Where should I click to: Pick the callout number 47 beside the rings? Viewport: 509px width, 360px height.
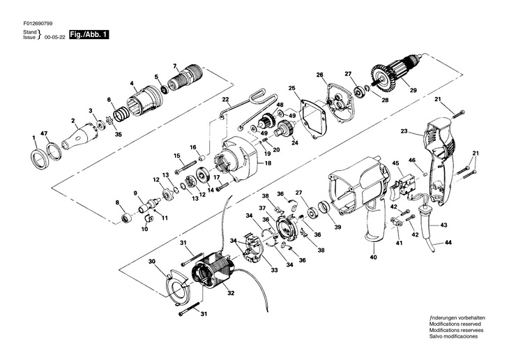tap(44, 133)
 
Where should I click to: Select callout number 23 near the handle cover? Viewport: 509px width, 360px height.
tap(404, 131)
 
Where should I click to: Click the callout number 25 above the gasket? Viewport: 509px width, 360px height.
tap(292, 89)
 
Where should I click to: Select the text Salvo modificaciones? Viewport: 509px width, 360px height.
tap(454, 336)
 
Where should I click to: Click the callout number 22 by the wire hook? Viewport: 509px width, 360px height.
tap(225, 100)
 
